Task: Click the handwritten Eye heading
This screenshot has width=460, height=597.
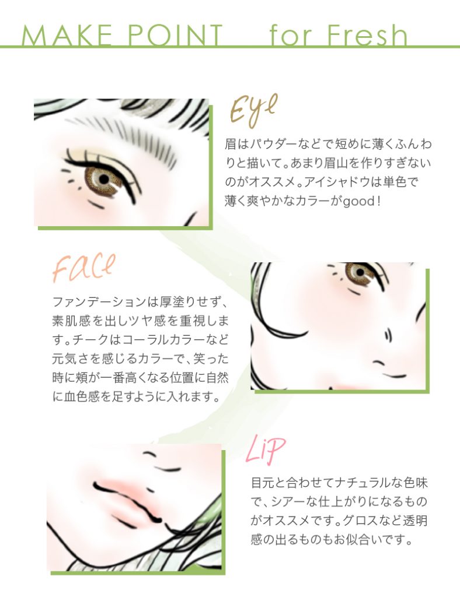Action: [252, 111]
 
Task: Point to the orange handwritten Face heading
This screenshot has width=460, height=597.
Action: [83, 268]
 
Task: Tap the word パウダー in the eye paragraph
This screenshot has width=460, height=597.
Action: [278, 143]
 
